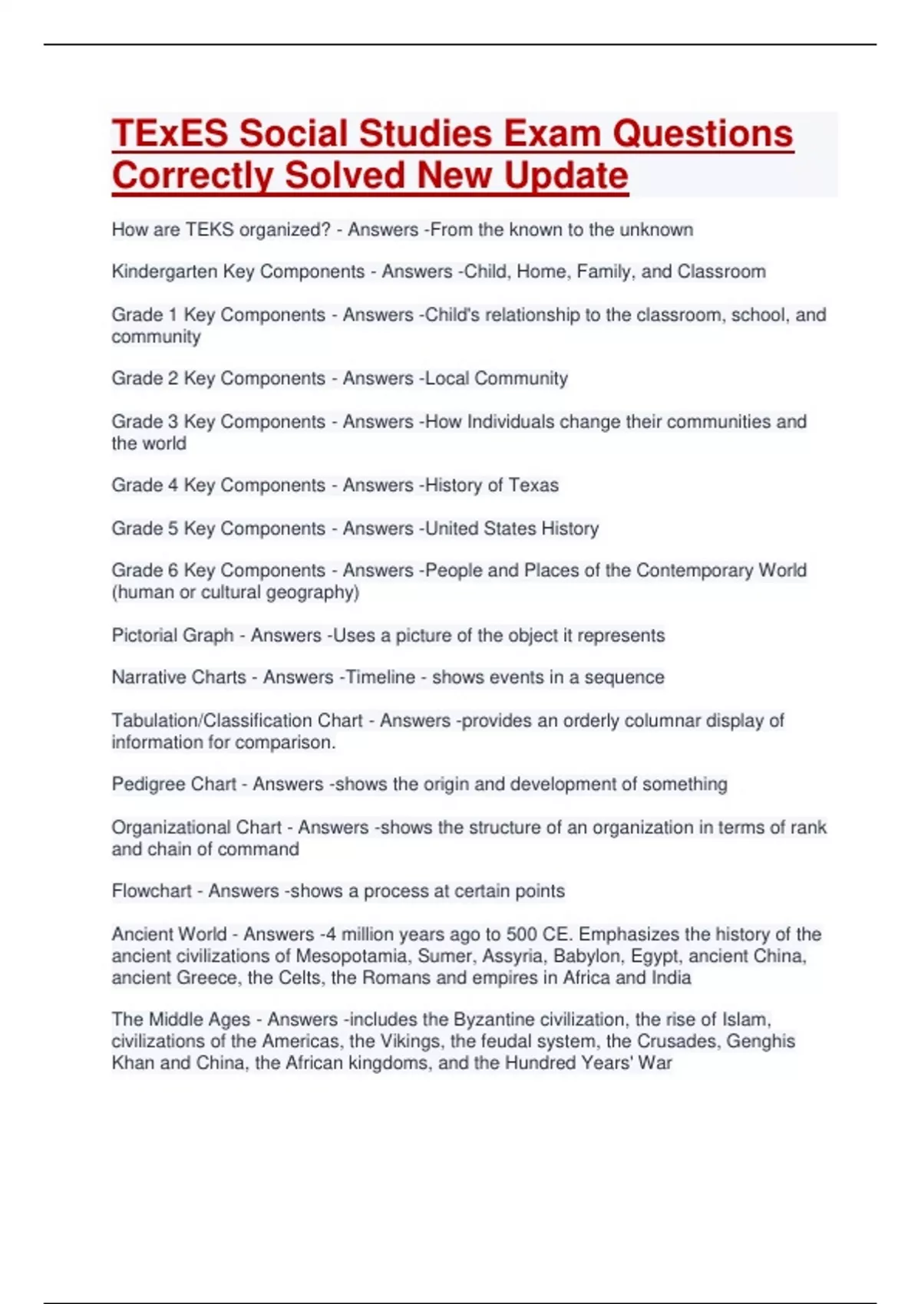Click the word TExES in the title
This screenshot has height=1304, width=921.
pyautogui.click(x=170, y=133)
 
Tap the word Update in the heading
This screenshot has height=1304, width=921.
pyautogui.click(x=566, y=176)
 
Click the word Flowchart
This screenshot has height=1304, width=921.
pyautogui.click(x=151, y=891)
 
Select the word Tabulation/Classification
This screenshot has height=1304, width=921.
pyautogui.click(x=236, y=721)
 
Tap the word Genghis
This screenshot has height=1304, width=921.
pyautogui.click(x=761, y=1041)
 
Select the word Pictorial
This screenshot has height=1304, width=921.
pyautogui.click(x=143, y=635)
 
